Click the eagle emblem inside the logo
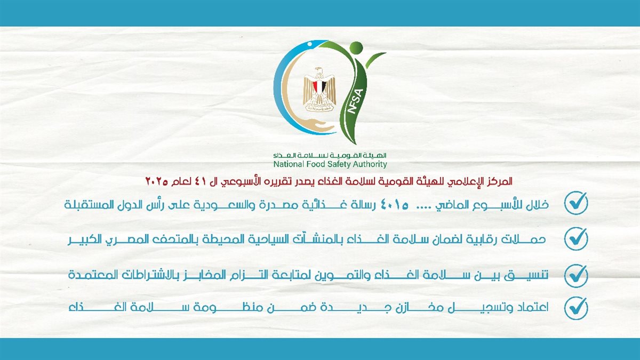319,89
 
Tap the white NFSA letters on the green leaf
356,101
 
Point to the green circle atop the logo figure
356,48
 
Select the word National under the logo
285,164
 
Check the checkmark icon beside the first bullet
576,203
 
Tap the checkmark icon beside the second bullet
576,239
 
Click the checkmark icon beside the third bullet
576,276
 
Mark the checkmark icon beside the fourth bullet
576,308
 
